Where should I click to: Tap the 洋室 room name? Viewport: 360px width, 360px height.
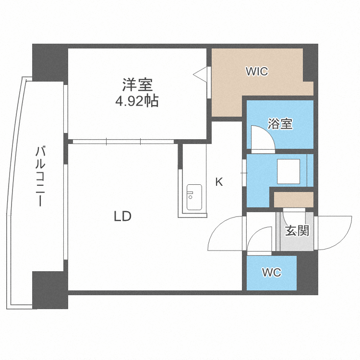coord(137,85)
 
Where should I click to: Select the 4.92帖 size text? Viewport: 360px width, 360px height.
coord(137,101)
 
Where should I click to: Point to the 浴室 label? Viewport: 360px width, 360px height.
coord(280,124)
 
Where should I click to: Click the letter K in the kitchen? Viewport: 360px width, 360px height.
coord(219,182)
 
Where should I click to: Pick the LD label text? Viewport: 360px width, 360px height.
coord(122,216)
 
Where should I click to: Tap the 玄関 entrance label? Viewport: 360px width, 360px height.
coord(297,231)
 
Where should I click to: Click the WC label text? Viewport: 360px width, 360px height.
coord(271,273)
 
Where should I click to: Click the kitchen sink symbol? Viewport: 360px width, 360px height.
coord(193,197)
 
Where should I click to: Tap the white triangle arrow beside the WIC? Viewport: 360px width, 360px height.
coord(201,74)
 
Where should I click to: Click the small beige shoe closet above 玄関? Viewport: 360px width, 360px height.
coord(293,199)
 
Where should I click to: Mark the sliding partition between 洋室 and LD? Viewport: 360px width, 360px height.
coord(123,142)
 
